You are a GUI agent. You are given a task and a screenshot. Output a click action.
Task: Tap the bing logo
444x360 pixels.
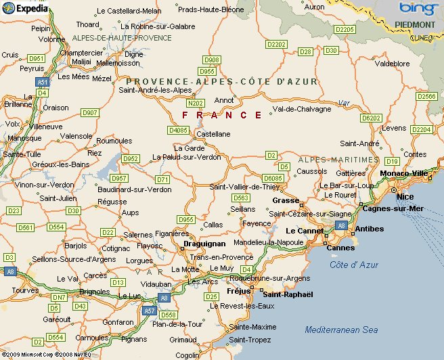(417, 9)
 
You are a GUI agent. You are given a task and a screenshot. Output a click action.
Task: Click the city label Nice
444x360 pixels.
(405, 196)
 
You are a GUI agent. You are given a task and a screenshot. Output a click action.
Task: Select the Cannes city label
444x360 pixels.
(340, 248)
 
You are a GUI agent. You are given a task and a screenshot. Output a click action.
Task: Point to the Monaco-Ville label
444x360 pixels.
(404, 173)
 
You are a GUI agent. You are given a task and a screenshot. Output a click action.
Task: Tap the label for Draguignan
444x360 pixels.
(204, 244)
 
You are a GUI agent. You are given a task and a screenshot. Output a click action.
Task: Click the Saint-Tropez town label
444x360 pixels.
(250, 339)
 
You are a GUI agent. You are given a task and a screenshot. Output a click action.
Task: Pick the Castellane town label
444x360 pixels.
(213, 134)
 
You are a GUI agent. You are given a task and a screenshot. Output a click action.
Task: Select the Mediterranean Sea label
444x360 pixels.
(341, 330)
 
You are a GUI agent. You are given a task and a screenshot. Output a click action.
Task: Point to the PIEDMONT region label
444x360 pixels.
(416, 24)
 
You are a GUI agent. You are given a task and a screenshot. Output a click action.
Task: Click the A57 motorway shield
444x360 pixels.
(150, 311)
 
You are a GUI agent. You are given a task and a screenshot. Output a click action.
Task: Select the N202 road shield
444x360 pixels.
(196, 104)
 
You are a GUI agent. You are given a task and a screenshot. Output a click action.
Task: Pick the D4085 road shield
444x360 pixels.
(179, 129)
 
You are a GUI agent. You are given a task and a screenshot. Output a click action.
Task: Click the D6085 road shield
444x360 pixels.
(273, 178)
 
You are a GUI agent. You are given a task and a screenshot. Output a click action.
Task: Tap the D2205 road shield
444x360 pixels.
(345, 30)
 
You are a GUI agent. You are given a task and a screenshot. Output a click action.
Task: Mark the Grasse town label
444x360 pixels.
(285, 201)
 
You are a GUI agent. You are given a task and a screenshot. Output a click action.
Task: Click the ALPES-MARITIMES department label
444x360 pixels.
(338, 160)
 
